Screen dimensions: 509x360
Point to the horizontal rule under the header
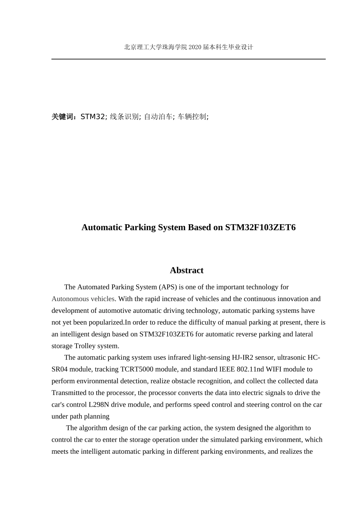click(x=188, y=59)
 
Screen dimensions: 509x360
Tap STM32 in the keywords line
click(x=92, y=117)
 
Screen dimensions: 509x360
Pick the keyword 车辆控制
click(x=192, y=117)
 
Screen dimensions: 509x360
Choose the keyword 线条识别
click(x=124, y=117)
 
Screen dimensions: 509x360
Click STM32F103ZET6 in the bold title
click(x=260, y=227)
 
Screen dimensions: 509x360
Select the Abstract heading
click(x=186, y=270)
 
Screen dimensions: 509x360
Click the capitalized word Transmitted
click(x=69, y=393)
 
